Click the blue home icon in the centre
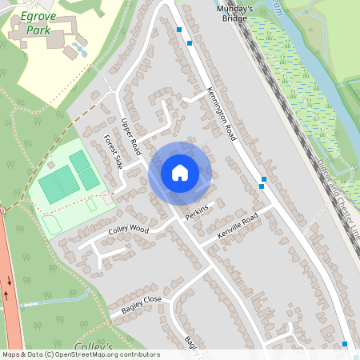tap(180, 173)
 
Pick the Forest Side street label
tap(113, 150)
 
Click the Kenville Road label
tap(238, 226)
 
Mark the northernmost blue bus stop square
tap(179, 30)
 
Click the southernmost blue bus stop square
tap(345, 344)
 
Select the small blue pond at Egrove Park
tap(79, 50)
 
